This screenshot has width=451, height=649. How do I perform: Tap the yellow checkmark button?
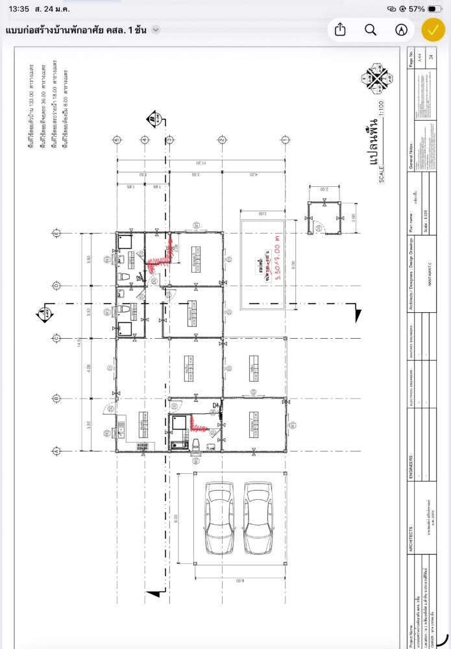[x=433, y=30]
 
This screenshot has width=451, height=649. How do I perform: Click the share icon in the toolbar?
[x=340, y=30]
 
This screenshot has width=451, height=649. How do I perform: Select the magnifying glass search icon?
[x=371, y=30]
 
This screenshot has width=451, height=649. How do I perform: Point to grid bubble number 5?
[x=117, y=140]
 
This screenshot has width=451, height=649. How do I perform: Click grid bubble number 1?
[x=284, y=140]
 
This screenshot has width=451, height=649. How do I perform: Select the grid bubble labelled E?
[x=56, y=233]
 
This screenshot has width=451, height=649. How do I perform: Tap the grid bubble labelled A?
[x=56, y=451]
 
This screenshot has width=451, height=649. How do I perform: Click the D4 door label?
[x=216, y=406]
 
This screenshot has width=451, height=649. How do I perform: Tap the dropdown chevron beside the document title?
[x=156, y=30]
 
